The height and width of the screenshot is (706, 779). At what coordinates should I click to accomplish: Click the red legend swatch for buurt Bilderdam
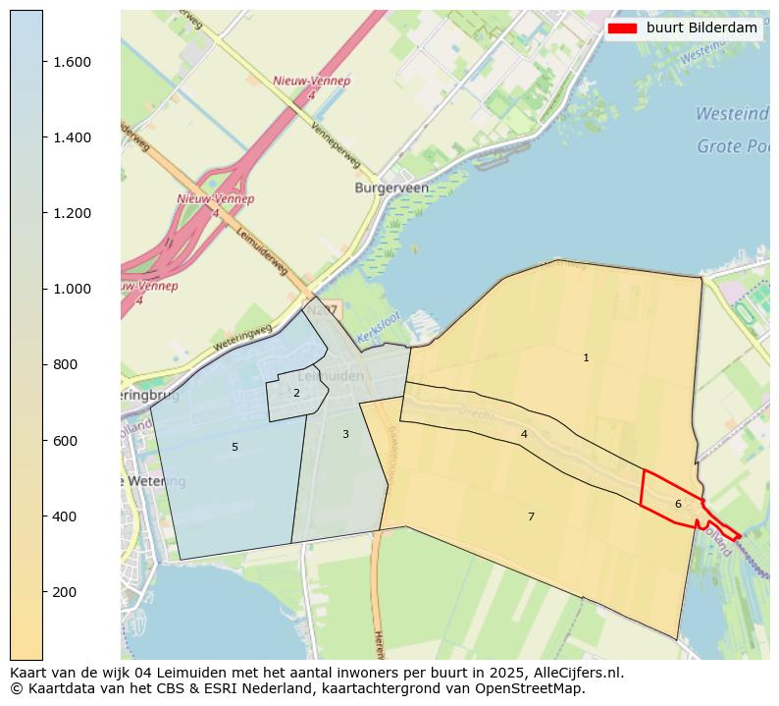click(x=622, y=28)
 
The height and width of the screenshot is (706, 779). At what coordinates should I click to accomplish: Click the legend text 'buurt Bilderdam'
click(x=701, y=28)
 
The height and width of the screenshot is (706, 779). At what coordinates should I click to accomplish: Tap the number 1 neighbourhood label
click(x=586, y=358)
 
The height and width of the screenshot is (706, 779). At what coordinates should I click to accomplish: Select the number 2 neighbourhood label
click(x=296, y=394)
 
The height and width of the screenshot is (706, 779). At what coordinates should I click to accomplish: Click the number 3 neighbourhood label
click(x=345, y=434)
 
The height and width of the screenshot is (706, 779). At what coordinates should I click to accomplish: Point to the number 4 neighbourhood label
click(x=524, y=434)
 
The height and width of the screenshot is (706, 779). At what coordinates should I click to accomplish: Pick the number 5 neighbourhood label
click(x=234, y=448)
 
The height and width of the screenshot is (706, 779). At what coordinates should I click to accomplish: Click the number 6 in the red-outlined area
click(x=677, y=505)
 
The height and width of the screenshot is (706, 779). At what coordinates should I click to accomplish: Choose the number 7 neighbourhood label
click(x=531, y=516)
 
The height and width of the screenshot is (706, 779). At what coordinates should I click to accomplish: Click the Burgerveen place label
click(x=392, y=187)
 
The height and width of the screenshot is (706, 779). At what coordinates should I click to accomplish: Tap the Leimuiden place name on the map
click(x=330, y=376)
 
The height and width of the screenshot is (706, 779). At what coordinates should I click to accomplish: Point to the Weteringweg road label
click(x=242, y=339)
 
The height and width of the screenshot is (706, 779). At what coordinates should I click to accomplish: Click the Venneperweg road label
click(x=336, y=145)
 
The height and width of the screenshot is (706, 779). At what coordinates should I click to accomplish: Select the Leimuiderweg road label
click(x=262, y=252)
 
